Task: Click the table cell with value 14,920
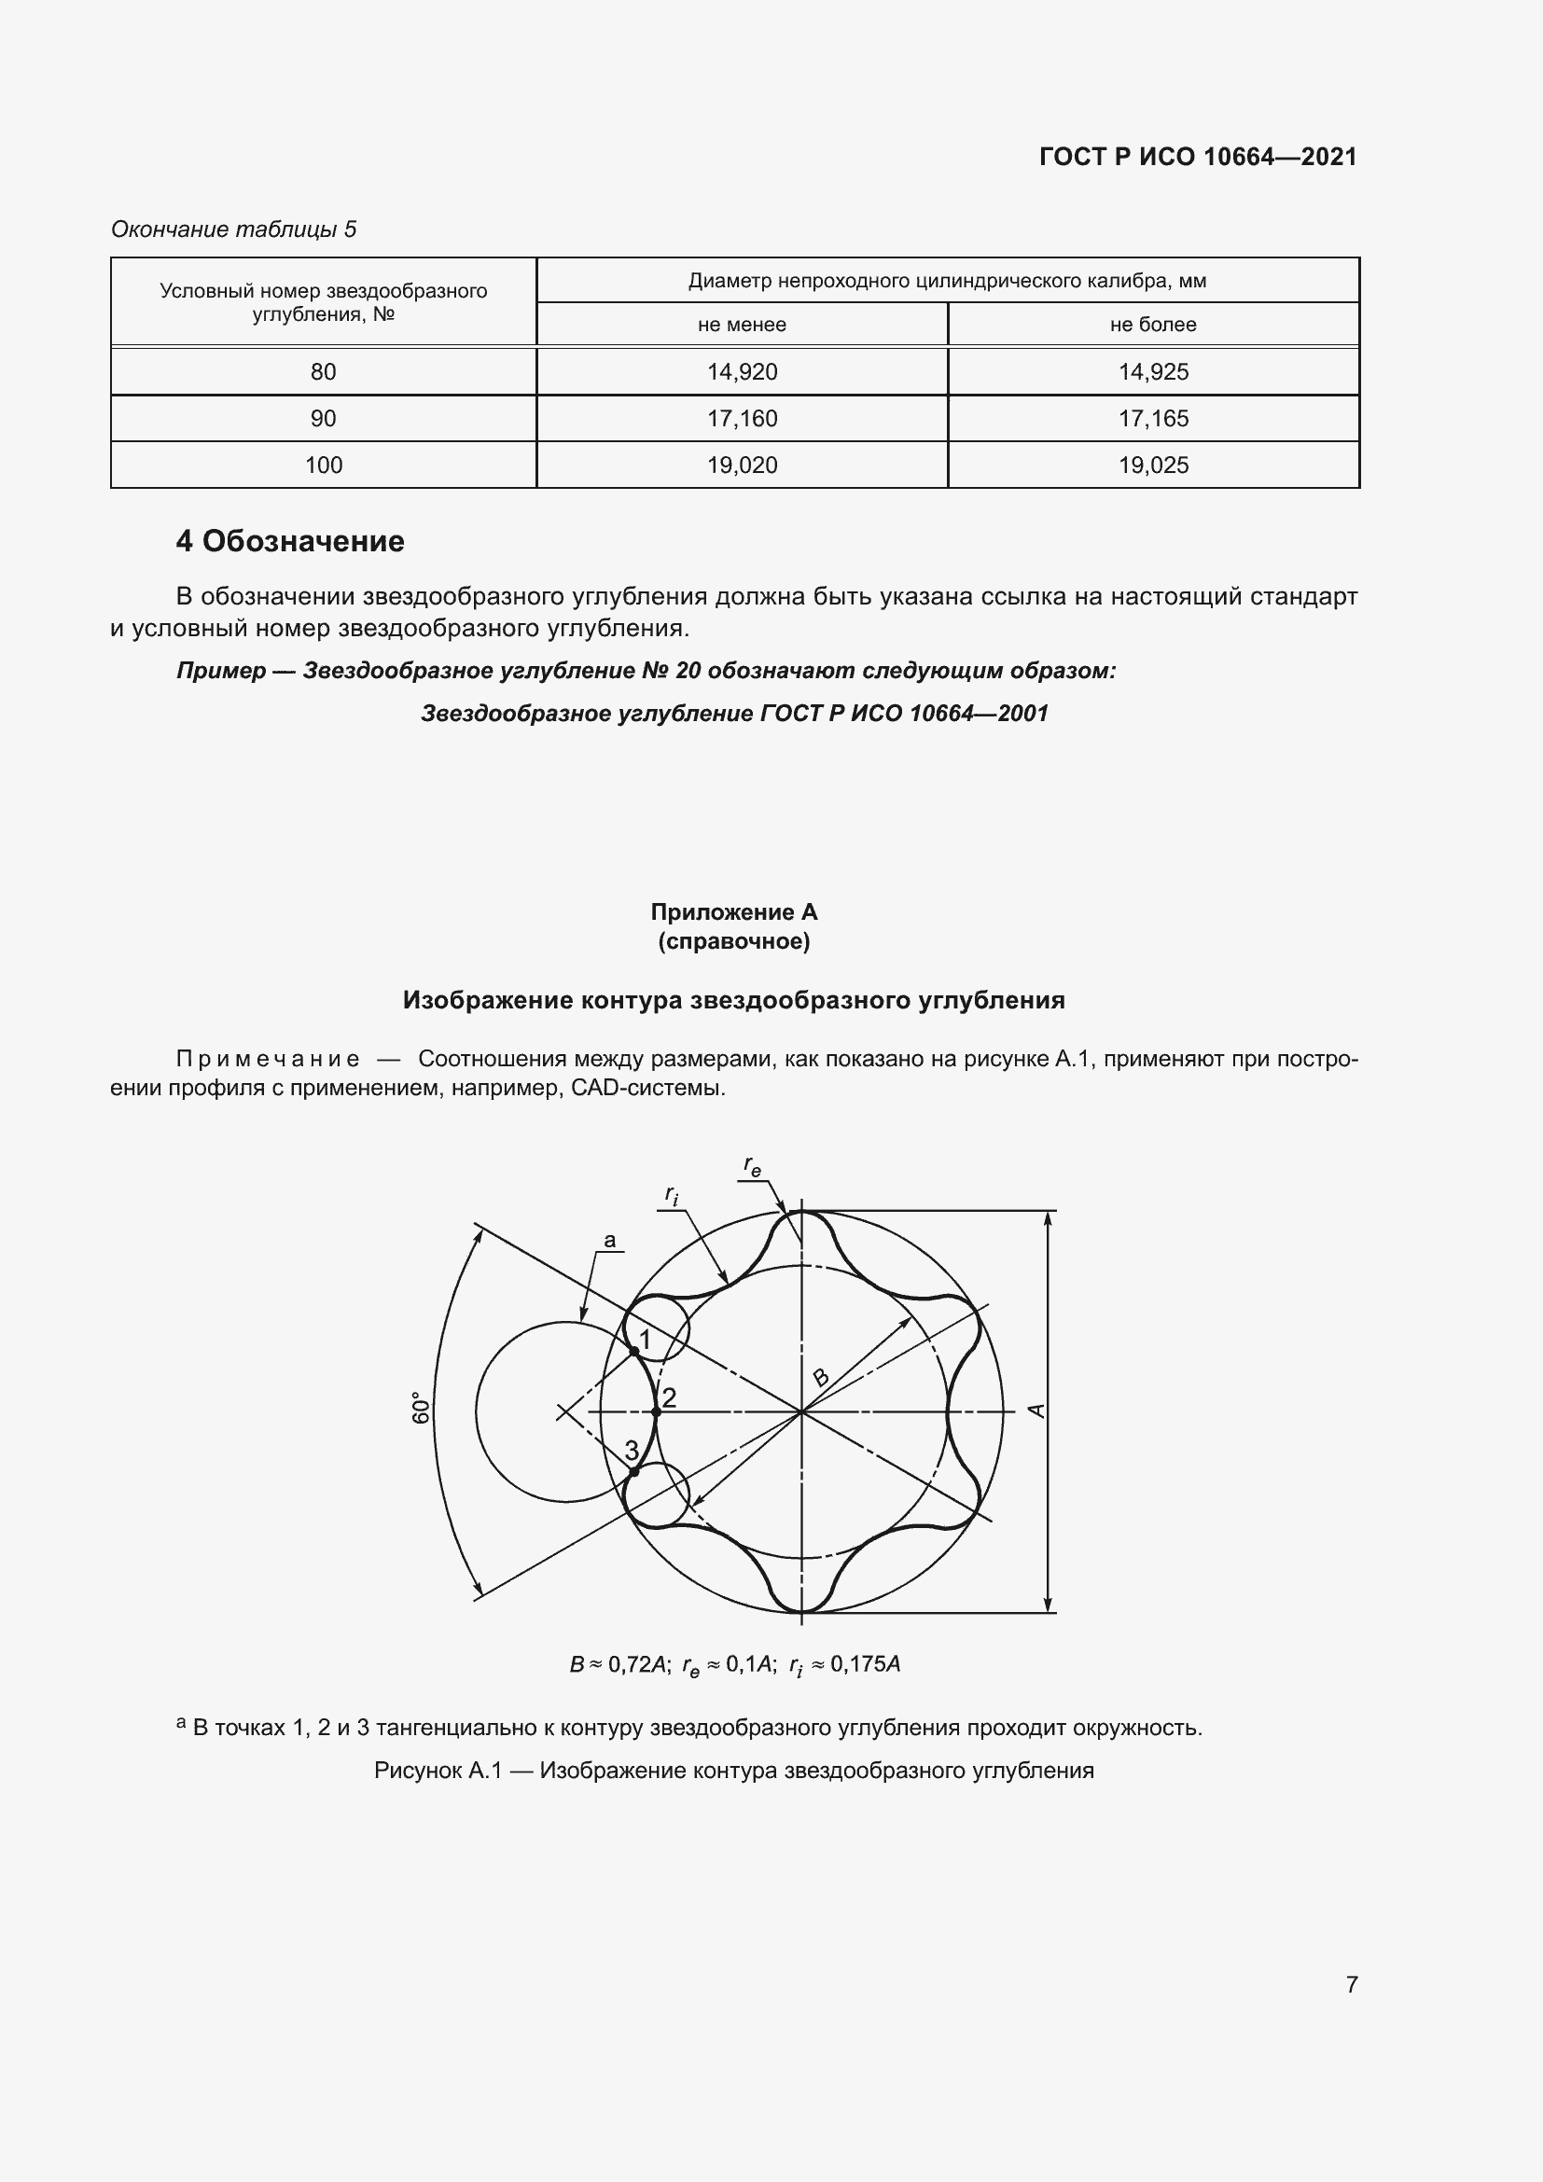(x=741, y=371)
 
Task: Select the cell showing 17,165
(x=1152, y=418)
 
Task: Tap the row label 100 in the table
(x=323, y=465)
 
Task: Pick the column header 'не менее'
(x=741, y=324)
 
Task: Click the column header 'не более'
(x=1152, y=324)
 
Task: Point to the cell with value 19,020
(x=741, y=465)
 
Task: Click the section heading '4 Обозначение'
(x=290, y=541)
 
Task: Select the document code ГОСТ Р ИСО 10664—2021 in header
(x=1197, y=157)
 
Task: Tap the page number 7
(x=1351, y=1984)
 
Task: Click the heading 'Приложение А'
(x=733, y=911)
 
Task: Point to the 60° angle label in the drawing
(x=421, y=1410)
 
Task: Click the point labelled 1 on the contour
(x=633, y=1351)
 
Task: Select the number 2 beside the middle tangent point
(x=669, y=1398)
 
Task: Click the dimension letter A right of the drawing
(x=1037, y=1411)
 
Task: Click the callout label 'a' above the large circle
(x=610, y=1240)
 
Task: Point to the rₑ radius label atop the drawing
(x=752, y=1166)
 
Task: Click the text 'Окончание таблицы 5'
(x=234, y=229)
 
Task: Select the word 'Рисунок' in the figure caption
(x=412, y=1771)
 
